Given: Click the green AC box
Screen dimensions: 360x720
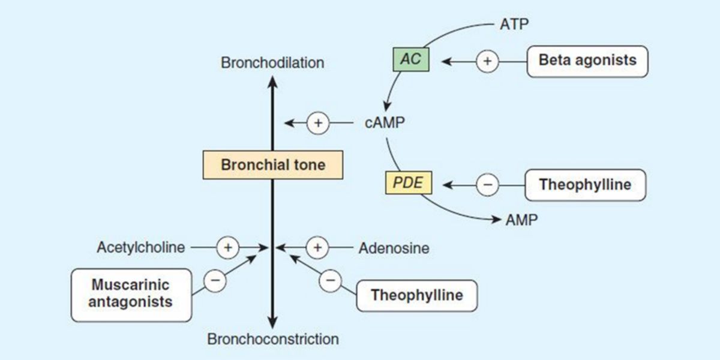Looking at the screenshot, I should (x=411, y=61).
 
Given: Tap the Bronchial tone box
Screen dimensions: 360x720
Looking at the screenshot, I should (x=273, y=165).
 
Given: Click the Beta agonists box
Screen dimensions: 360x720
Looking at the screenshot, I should (x=587, y=61).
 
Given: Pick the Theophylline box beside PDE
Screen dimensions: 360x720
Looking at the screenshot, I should (x=585, y=185).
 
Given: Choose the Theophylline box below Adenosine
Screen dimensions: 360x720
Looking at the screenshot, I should (x=416, y=296).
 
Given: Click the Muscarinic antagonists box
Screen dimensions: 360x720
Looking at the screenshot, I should (x=130, y=294).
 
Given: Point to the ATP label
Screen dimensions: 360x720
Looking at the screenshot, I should (x=514, y=25).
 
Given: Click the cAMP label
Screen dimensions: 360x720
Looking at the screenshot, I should (x=385, y=123).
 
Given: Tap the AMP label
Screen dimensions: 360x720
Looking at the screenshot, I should (x=521, y=220).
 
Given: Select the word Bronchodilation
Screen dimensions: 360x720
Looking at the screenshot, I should (x=272, y=63).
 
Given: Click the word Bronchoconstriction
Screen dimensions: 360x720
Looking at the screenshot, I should (x=273, y=340).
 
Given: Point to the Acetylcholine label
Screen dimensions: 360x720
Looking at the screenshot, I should (x=141, y=247).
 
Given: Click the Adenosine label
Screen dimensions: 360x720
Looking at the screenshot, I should (x=394, y=247).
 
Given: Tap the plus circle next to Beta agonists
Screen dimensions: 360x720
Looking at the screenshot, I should (x=487, y=61).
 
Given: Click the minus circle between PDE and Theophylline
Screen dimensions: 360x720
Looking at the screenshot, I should (x=487, y=185).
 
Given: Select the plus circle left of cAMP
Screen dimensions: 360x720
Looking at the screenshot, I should (x=318, y=124).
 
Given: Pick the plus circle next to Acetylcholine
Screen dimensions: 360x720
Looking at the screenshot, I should (x=227, y=247).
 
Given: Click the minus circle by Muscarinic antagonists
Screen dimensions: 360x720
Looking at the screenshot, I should (x=216, y=280).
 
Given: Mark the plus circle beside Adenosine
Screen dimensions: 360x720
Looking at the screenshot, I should (x=318, y=247).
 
